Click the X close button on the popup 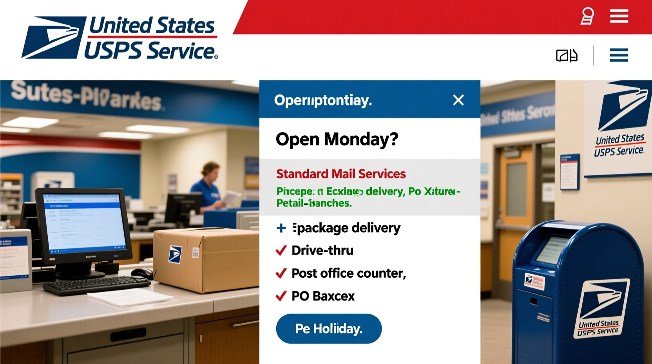[x=458, y=100]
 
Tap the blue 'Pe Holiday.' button [x=329, y=329]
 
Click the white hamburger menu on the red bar [x=619, y=16]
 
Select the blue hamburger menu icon [x=619, y=55]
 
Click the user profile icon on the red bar [x=587, y=16]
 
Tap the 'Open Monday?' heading [x=337, y=139]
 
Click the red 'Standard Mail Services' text [x=340, y=174]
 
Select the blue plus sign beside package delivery [x=281, y=228]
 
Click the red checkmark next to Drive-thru [x=281, y=250]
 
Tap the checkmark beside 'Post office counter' [x=281, y=273]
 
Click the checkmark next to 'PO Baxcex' [x=281, y=296]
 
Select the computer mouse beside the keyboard [x=142, y=273]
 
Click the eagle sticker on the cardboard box [x=175, y=254]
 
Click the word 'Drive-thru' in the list [x=322, y=250]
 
